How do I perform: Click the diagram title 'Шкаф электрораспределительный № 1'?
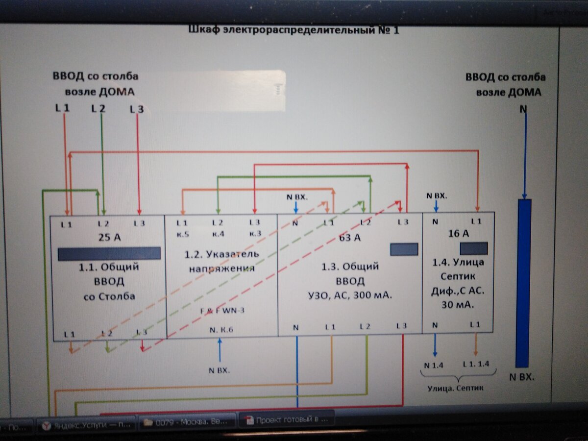tap(294, 30)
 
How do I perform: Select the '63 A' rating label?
tap(349, 238)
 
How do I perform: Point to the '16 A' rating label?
tap(458, 233)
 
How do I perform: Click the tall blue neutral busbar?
tap(524, 283)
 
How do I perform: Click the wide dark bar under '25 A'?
tap(109, 253)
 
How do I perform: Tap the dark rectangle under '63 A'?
tap(404, 249)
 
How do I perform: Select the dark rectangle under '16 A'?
tap(473, 248)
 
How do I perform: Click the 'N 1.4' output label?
tap(433, 364)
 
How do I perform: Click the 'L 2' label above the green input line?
tap(98, 108)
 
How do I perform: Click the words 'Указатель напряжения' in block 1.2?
tap(221, 261)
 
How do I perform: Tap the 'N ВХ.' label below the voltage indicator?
tap(219, 370)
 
